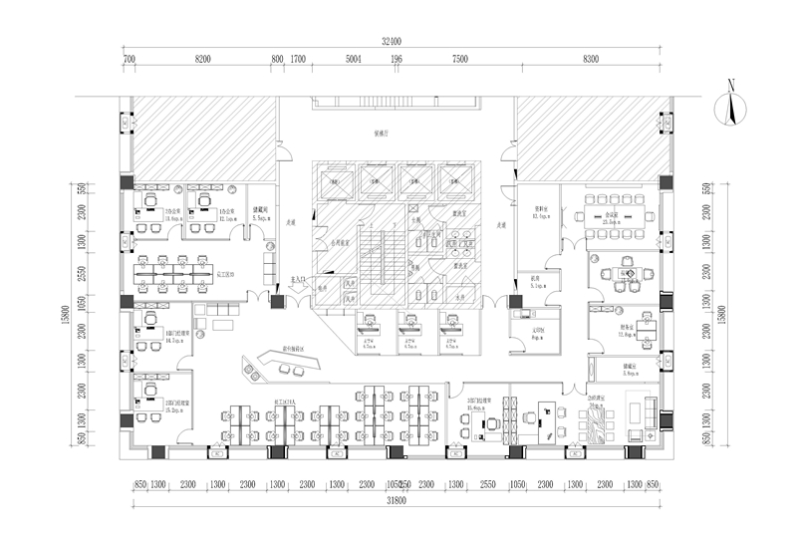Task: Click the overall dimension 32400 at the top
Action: pos(391,42)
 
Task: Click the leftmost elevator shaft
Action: pos(337,179)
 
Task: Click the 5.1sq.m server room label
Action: pos(535,285)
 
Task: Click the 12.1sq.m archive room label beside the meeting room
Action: pos(541,215)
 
